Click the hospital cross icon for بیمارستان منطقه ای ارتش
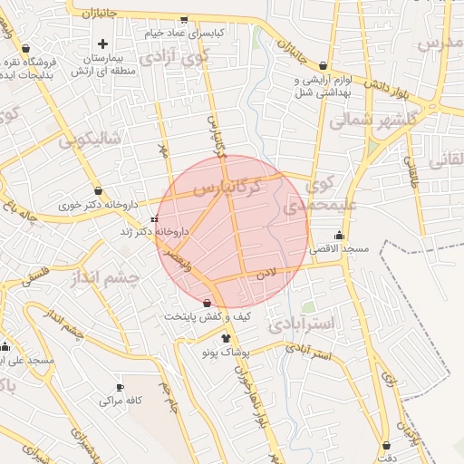102,43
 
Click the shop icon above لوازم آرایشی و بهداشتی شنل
324,65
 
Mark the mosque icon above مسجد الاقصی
338,236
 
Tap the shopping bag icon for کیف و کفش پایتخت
208,303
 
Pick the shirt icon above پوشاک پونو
214,337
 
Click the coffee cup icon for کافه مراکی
119,388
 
